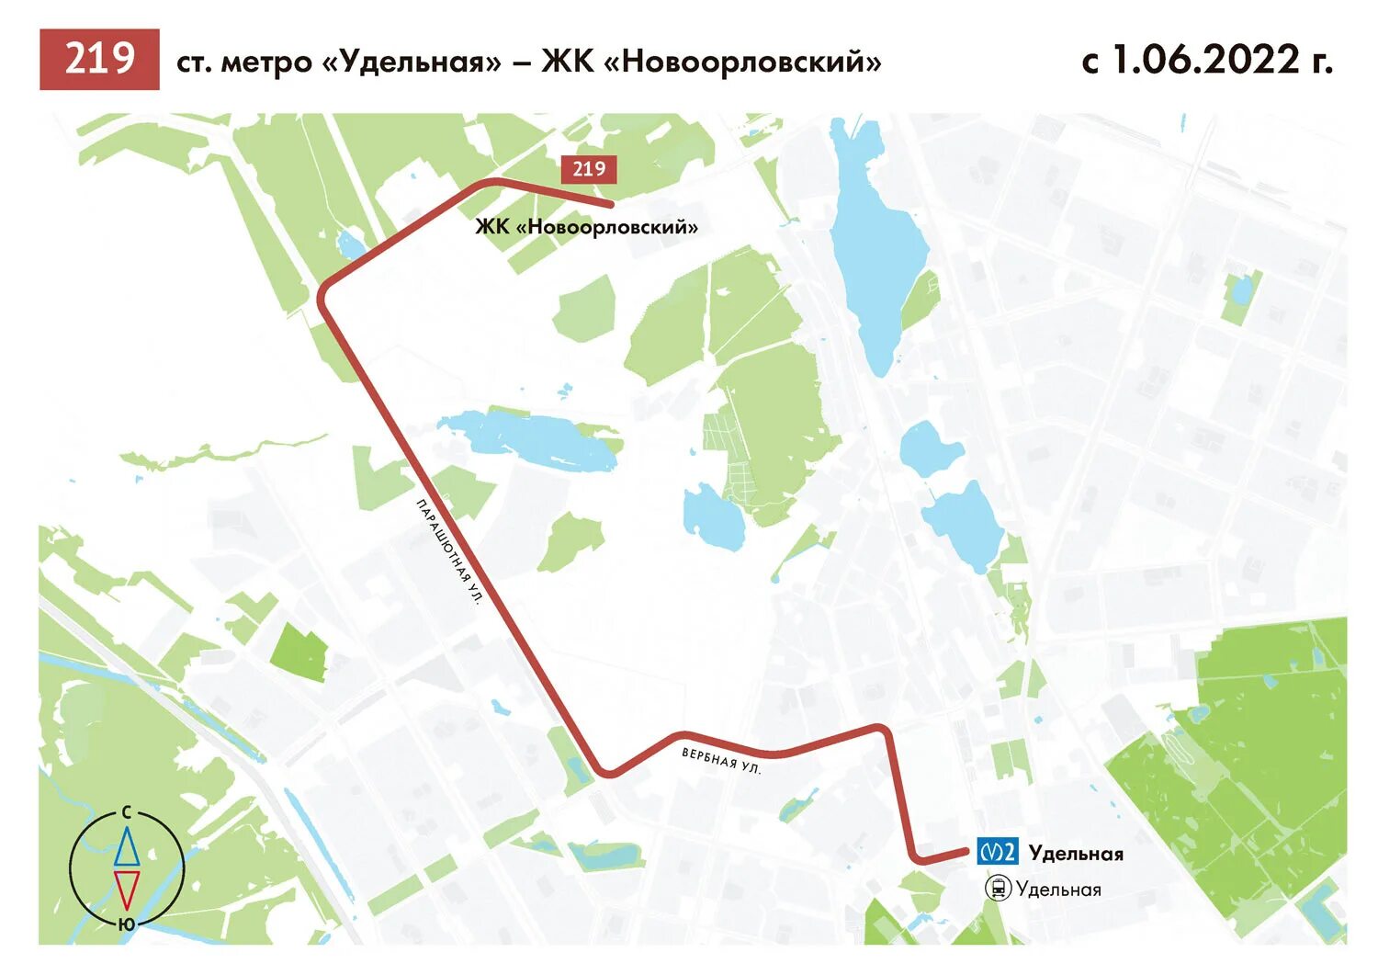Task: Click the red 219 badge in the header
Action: [99, 60]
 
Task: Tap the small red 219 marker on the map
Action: [588, 169]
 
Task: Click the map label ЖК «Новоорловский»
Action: [586, 227]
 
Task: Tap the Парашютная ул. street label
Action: [449, 551]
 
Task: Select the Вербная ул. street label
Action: [721, 761]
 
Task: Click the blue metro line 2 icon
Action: [997, 852]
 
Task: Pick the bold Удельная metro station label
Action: [1076, 854]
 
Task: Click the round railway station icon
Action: [998, 889]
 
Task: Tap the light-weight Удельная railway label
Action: [1058, 890]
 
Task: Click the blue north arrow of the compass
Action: [127, 847]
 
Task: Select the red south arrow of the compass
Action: [127, 890]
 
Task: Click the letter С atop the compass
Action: [127, 812]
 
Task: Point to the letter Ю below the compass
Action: [127, 924]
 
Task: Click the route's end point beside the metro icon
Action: [966, 853]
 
